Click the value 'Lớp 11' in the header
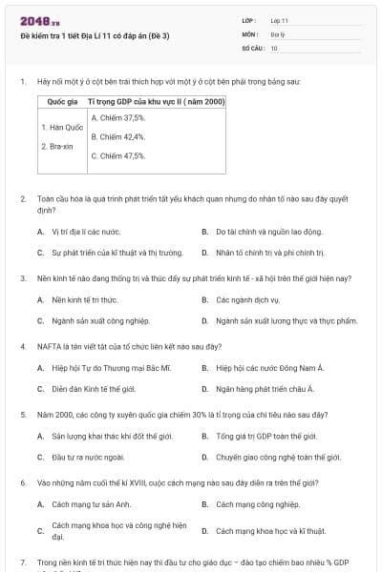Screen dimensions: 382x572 279,19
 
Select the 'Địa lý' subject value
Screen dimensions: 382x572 278,33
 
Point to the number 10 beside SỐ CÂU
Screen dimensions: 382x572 274,48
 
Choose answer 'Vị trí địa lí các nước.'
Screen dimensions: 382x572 86,232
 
